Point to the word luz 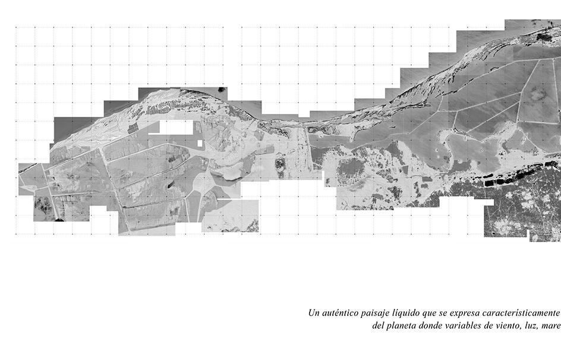pos(543,327)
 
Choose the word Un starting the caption pos(314,313)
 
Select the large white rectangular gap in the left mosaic pos(177,128)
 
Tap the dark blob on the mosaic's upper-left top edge pos(222,90)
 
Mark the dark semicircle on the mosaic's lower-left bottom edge pos(59,220)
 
